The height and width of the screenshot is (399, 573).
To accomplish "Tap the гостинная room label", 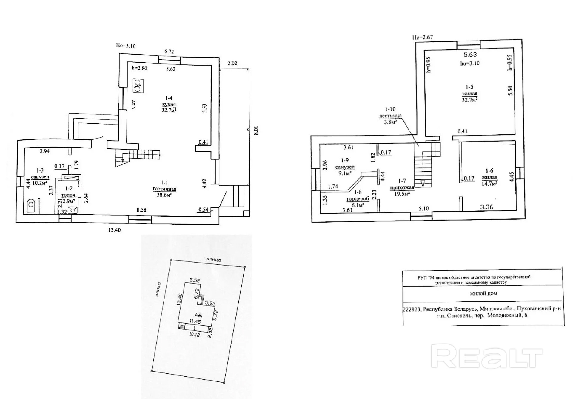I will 164,189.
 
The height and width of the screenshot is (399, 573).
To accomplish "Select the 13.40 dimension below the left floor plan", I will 114,230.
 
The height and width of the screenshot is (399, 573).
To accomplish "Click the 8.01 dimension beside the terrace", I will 256,130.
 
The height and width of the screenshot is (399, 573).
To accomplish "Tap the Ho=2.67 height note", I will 422,38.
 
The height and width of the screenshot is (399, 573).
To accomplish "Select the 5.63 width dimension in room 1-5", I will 470,55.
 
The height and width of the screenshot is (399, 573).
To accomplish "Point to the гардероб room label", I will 358,199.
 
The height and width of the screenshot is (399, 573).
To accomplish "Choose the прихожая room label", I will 402,187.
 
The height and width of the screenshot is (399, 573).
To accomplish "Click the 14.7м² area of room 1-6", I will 489,184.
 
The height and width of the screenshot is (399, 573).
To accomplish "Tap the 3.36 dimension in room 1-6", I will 487,207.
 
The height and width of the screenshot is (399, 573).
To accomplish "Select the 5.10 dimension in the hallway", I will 424,208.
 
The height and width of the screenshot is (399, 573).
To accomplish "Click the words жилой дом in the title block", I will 483,293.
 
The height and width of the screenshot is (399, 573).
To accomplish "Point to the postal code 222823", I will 412,309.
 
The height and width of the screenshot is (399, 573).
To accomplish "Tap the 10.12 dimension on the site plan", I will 195,335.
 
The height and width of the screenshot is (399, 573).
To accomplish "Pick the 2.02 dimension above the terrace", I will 232,63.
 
